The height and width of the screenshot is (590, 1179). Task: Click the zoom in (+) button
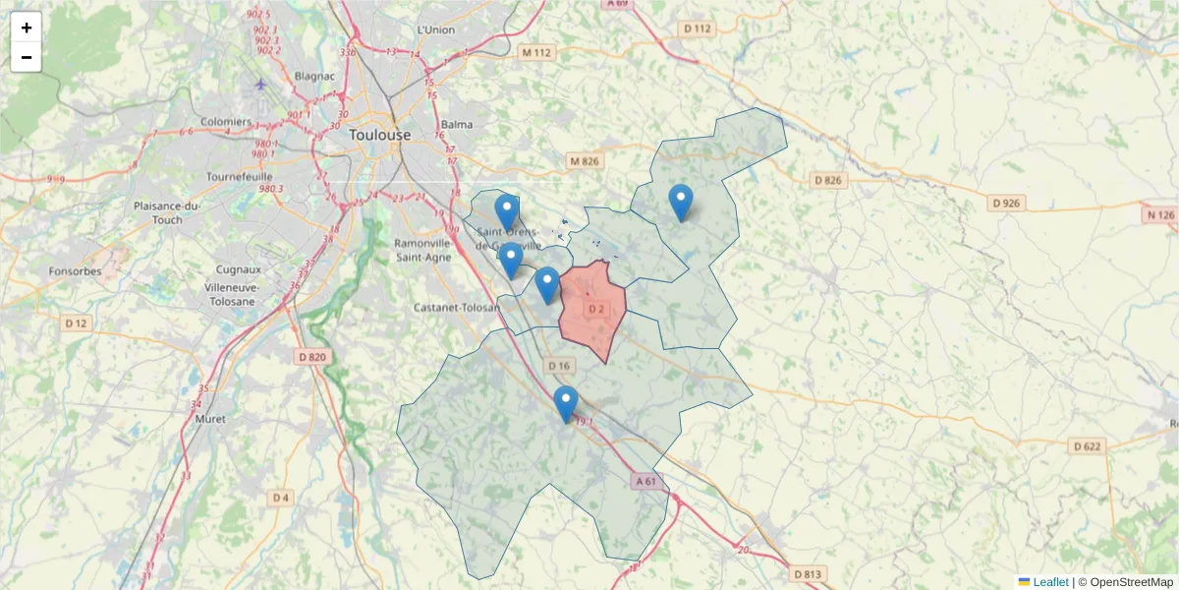pyautogui.click(x=27, y=28)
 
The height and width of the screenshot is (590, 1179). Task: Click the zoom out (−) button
pyautogui.click(x=27, y=57)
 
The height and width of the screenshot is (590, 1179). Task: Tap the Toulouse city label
pyautogui.click(x=379, y=135)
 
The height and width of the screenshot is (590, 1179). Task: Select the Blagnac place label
pyautogui.click(x=314, y=76)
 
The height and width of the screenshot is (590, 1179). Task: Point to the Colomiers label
pyautogui.click(x=199, y=124)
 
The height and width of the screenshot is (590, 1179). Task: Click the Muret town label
pyautogui.click(x=210, y=419)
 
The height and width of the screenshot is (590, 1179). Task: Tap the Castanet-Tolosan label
pyautogui.click(x=458, y=307)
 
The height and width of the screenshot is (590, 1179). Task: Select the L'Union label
pyautogui.click(x=436, y=29)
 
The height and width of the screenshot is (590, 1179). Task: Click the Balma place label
pyautogui.click(x=457, y=124)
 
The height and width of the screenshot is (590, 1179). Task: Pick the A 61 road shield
pyautogui.click(x=646, y=481)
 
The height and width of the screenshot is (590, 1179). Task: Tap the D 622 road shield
pyautogui.click(x=1088, y=446)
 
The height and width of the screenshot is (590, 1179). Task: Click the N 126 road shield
pyautogui.click(x=1159, y=214)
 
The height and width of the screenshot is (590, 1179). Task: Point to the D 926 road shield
pyautogui.click(x=1007, y=204)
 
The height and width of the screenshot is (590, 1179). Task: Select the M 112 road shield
pyautogui.click(x=537, y=52)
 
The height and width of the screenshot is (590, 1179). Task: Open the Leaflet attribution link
pyautogui.click(x=1049, y=582)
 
